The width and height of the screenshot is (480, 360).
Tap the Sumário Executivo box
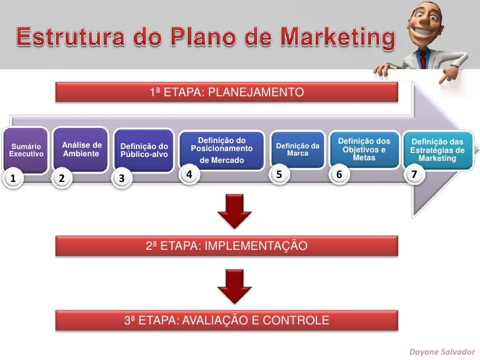(x=27, y=149)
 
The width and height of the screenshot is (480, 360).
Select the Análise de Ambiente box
(x=82, y=149)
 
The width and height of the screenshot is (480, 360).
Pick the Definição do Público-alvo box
(x=144, y=150)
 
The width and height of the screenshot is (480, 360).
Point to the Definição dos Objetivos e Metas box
(x=364, y=149)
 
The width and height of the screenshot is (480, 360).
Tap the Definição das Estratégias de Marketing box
(x=437, y=150)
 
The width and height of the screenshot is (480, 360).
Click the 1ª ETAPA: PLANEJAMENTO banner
(x=226, y=92)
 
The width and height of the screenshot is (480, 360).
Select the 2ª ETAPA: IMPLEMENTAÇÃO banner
(x=226, y=247)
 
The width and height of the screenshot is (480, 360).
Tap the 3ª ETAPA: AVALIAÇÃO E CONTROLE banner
(x=226, y=321)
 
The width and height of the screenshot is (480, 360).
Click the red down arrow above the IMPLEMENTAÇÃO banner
(x=235, y=212)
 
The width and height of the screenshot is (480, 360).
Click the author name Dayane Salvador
(x=441, y=351)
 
